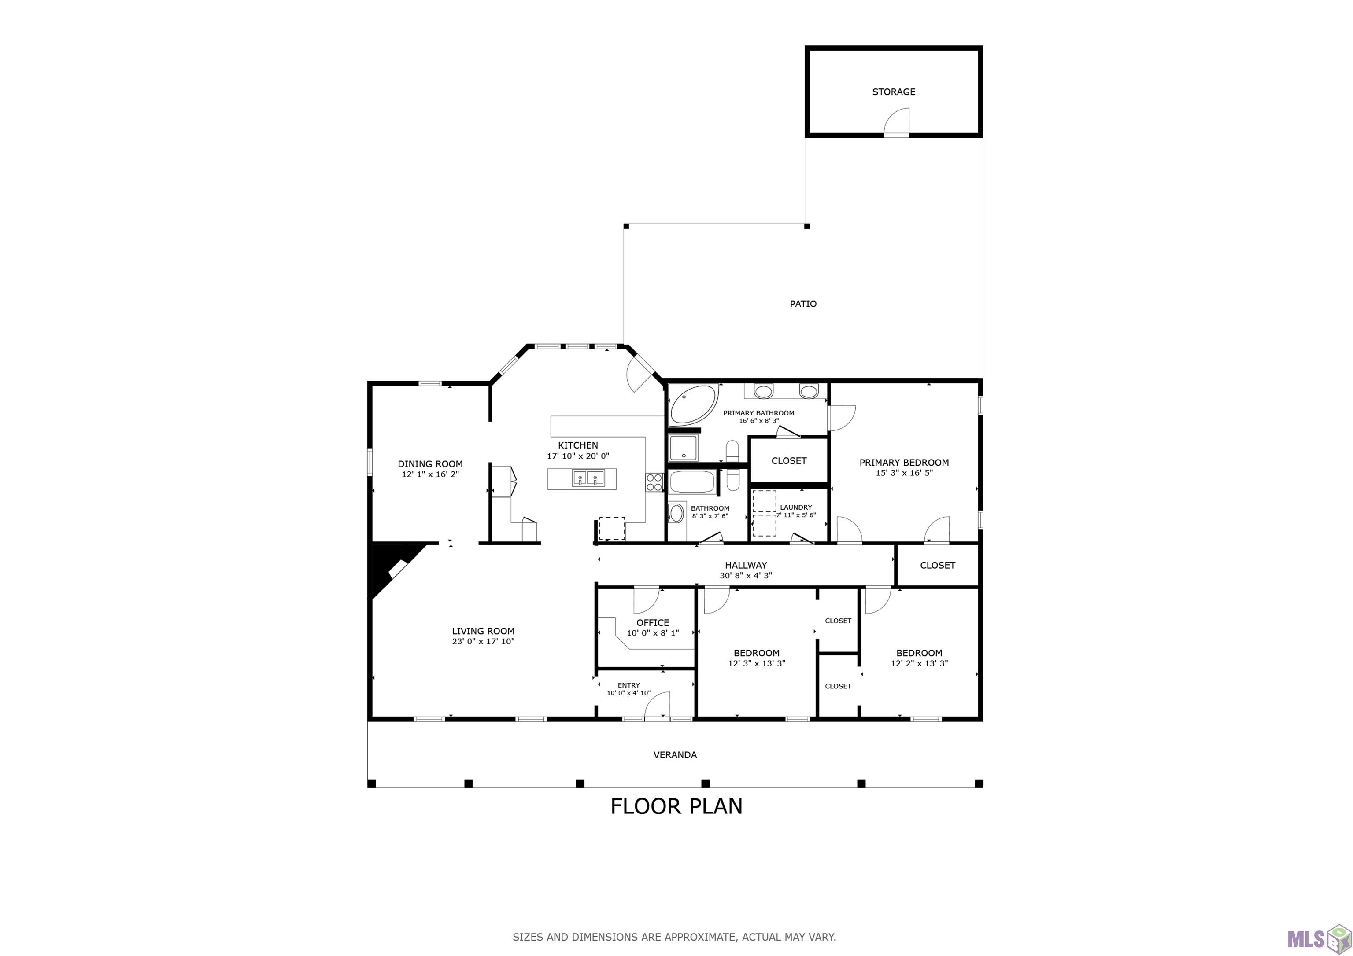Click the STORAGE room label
coord(893,92)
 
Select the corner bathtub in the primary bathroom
coord(692,404)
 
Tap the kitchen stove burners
coord(654,482)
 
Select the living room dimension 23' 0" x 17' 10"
coord(483,641)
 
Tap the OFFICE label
coord(652,623)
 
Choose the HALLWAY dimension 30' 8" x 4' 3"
coord(746,575)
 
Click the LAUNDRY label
coord(795,507)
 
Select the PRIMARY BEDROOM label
coord(904,463)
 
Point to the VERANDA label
coord(675,754)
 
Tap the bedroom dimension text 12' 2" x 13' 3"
coord(919,663)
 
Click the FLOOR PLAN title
coord(676,806)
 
